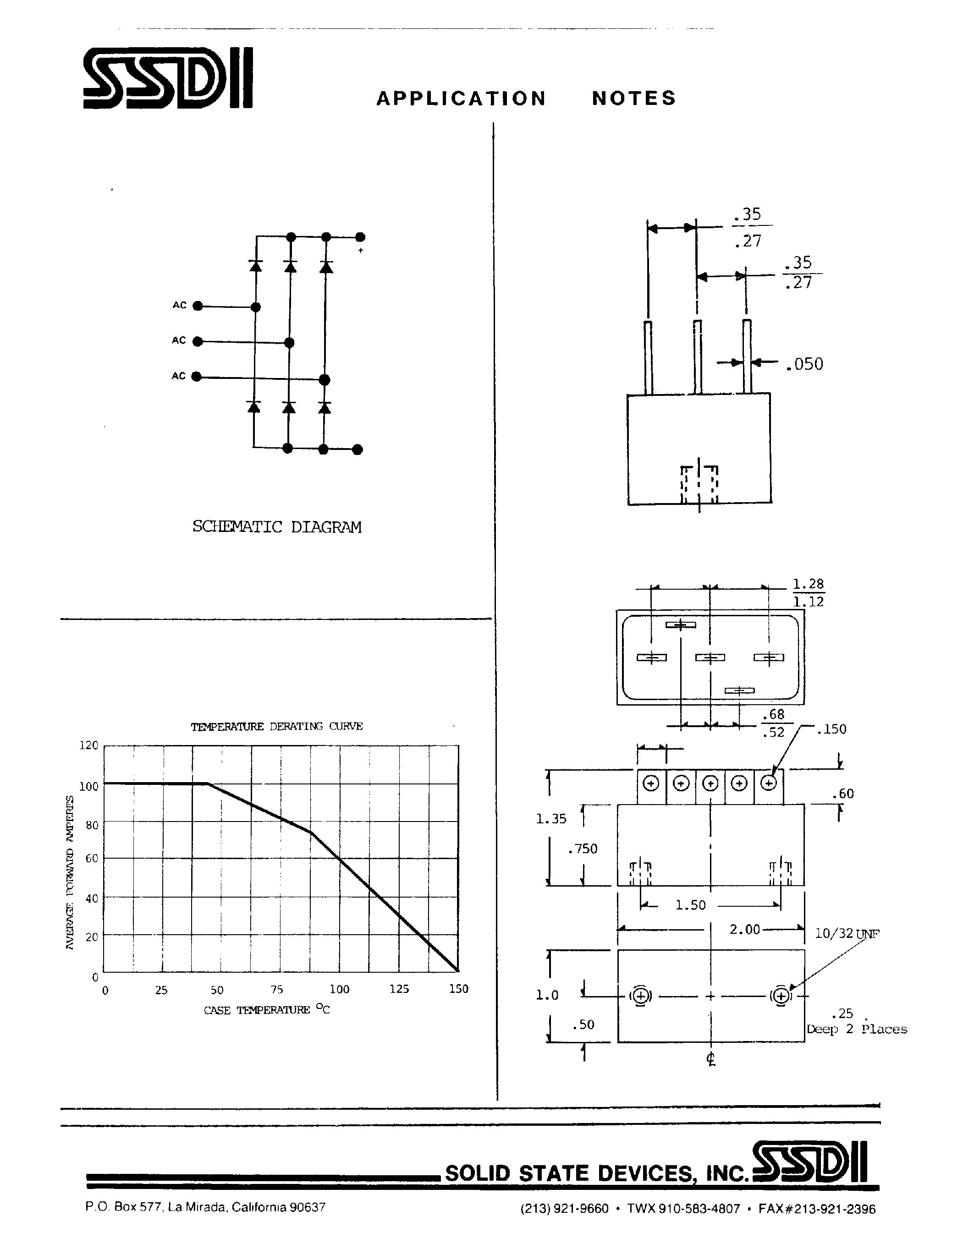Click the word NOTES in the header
tap(633, 98)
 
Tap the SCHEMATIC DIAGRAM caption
tap(277, 527)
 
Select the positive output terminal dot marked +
tap(360, 237)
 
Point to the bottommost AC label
tap(179, 376)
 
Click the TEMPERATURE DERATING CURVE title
tap(277, 726)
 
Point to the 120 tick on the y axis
tap(89, 745)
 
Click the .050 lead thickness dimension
tap(804, 364)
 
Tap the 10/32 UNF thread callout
tap(847, 933)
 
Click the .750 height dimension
tap(583, 849)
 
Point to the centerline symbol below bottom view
tap(711, 1059)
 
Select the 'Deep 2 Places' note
tap(857, 1029)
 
